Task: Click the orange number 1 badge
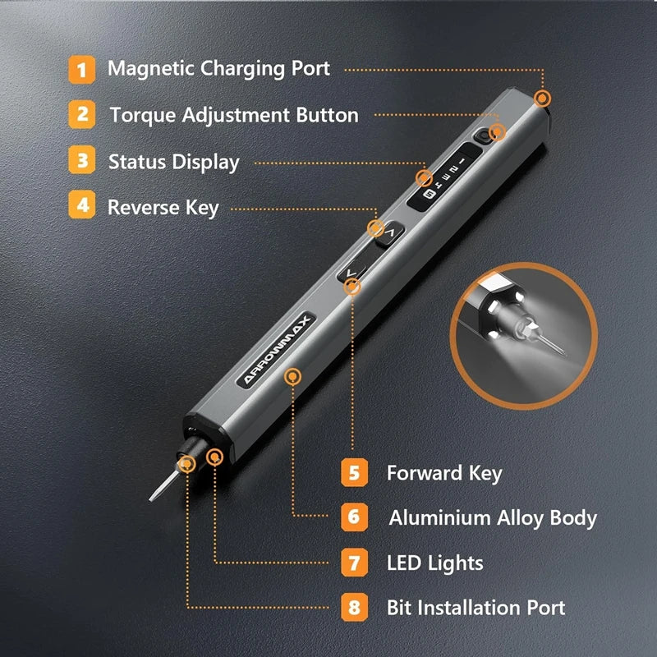pyautogui.click(x=81, y=68)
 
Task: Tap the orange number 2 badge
pyautogui.click(x=81, y=114)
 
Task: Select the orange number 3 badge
pyautogui.click(x=81, y=160)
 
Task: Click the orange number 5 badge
pyautogui.click(x=353, y=472)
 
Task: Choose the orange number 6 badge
pyautogui.click(x=353, y=517)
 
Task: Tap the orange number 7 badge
pyautogui.click(x=353, y=563)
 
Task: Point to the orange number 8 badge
pyautogui.click(x=353, y=608)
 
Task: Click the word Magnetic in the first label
pyautogui.click(x=151, y=69)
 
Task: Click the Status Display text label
pyautogui.click(x=173, y=162)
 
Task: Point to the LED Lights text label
pyautogui.click(x=434, y=563)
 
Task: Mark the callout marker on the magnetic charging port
pyautogui.click(x=541, y=99)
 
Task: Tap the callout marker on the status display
pyautogui.click(x=424, y=177)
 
